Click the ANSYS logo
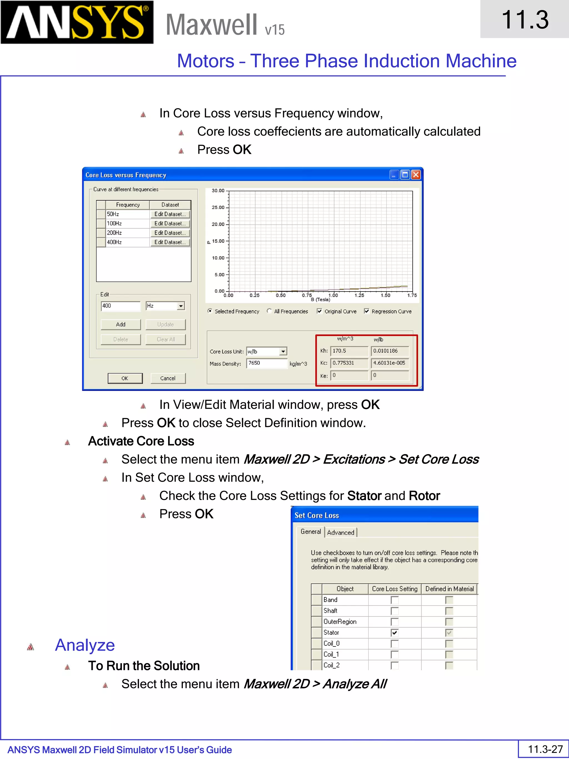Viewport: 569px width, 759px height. pyautogui.click(x=77, y=22)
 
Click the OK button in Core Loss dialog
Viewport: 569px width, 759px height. pyautogui.click(x=125, y=378)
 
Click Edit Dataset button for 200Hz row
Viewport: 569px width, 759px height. pyautogui.click(x=170, y=233)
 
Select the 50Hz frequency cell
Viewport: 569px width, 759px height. pyautogui.click(x=127, y=214)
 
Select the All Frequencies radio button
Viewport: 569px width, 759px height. pyautogui.click(x=269, y=311)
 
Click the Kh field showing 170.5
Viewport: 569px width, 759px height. pyautogui.click(x=348, y=351)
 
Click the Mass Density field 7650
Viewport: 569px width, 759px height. pyautogui.click(x=266, y=363)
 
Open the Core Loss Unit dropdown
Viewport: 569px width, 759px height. pyautogui.click(x=283, y=351)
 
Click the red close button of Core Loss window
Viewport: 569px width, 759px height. pyautogui.click(x=416, y=175)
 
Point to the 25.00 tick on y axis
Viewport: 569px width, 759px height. pyautogui.click(x=218, y=207)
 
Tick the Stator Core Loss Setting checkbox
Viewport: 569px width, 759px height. pyautogui.click(x=395, y=632)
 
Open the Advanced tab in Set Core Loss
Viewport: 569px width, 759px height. pyautogui.click(x=341, y=532)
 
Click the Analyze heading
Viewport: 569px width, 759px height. pyautogui.click(x=85, y=645)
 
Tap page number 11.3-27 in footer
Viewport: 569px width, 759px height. pyautogui.click(x=545, y=749)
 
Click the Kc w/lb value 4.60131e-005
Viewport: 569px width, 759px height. pyautogui.click(x=389, y=363)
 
